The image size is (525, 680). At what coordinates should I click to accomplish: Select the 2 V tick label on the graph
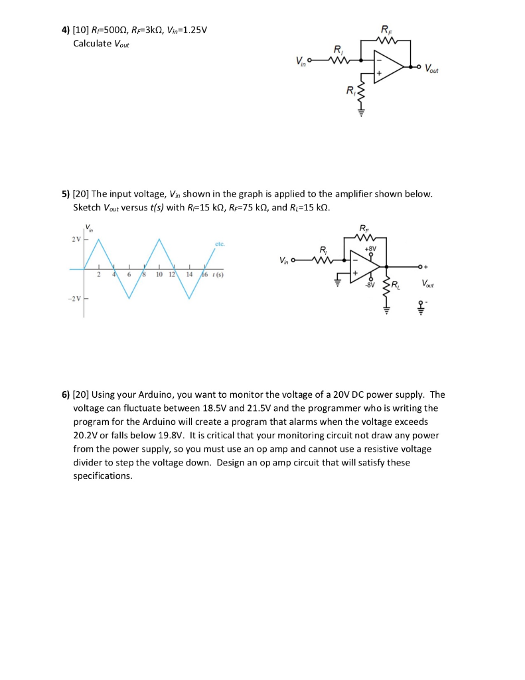point(75,239)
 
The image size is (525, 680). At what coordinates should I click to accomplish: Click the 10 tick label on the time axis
point(159,274)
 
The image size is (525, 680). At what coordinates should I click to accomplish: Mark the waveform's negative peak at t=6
point(129,299)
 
